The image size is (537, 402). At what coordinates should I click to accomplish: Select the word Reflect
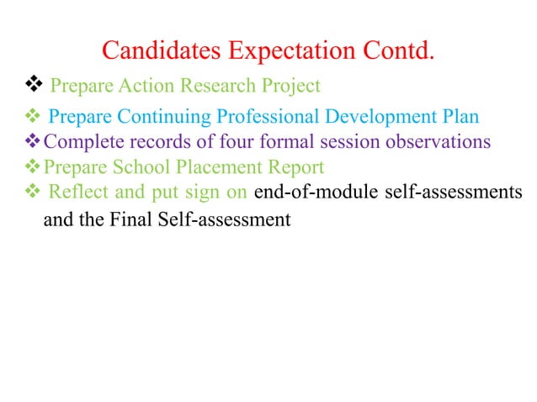tap(77, 192)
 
